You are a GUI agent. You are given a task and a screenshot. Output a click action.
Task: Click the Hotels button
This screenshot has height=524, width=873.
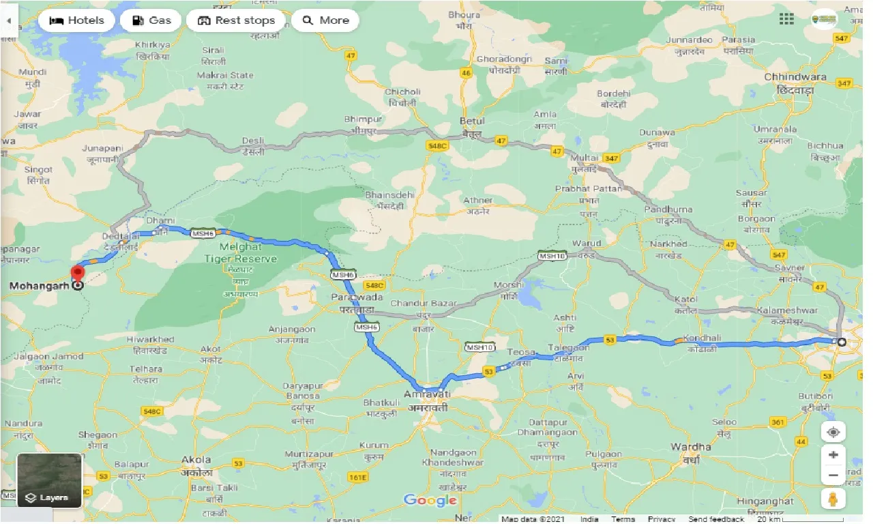coord(76,20)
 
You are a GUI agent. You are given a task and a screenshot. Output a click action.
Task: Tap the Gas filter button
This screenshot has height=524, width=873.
coord(151,20)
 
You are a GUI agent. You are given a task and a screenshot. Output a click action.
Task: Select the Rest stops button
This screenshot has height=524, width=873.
coord(236,20)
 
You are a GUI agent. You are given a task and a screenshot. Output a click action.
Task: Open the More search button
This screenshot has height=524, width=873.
coord(325,20)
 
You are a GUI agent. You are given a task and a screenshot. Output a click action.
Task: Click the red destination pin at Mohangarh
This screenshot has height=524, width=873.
coord(78,275)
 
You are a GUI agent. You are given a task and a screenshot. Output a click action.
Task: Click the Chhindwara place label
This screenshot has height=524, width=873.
coord(795,77)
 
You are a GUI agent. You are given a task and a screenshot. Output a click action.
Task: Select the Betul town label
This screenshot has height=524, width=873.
coord(471,121)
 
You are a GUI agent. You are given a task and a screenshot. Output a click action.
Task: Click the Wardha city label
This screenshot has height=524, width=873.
coord(691,447)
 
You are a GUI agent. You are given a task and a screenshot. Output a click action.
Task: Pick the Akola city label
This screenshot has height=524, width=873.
coord(196,459)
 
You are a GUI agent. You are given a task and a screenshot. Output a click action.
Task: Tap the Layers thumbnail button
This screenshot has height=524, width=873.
coord(49,480)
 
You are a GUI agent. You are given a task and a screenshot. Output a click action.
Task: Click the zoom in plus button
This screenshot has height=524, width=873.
coord(833,454)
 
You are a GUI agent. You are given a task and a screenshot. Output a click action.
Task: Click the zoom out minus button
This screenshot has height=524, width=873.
coord(833,476)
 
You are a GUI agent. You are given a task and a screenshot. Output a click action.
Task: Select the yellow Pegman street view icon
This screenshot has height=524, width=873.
coord(833,499)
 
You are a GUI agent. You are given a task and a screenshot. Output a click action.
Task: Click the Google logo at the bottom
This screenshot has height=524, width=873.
coord(430,500)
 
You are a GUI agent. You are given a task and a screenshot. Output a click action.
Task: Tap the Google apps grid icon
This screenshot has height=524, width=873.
coord(786,19)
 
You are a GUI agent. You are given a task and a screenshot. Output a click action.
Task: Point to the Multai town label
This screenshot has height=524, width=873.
coord(584,158)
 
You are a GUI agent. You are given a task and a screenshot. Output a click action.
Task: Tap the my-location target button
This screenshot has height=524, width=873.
coord(833,432)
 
